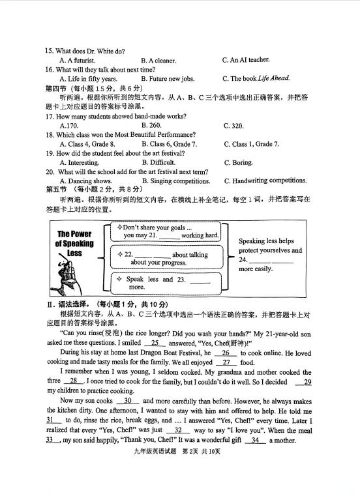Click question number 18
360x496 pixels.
tap(50, 135)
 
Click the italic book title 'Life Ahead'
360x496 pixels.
tap(274, 79)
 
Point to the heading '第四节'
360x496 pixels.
tap(57, 89)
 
